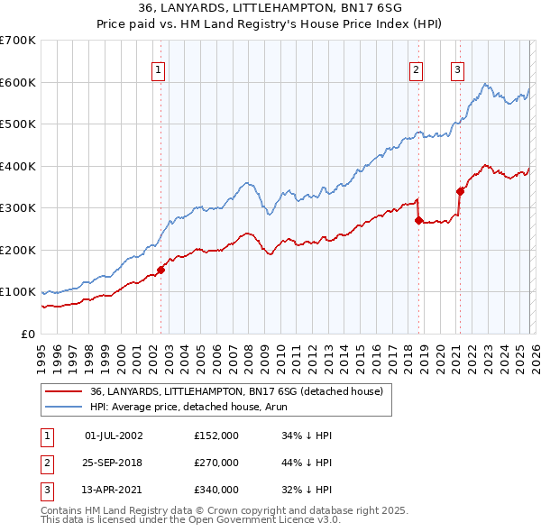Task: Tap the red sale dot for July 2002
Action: [x=161, y=270]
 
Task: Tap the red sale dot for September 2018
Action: [x=419, y=220]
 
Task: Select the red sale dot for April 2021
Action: [x=460, y=190]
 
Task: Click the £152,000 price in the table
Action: [x=215, y=436]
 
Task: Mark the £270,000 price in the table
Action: [x=215, y=463]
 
